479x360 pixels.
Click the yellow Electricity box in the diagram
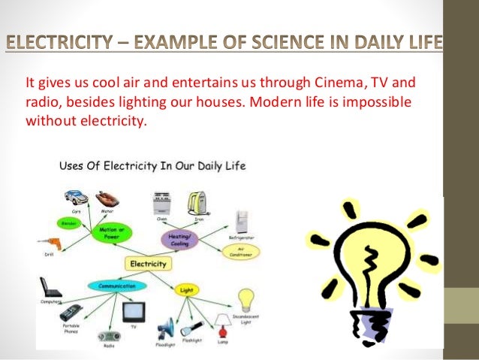pos(149,264)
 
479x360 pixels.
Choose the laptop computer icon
pos(50,288)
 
